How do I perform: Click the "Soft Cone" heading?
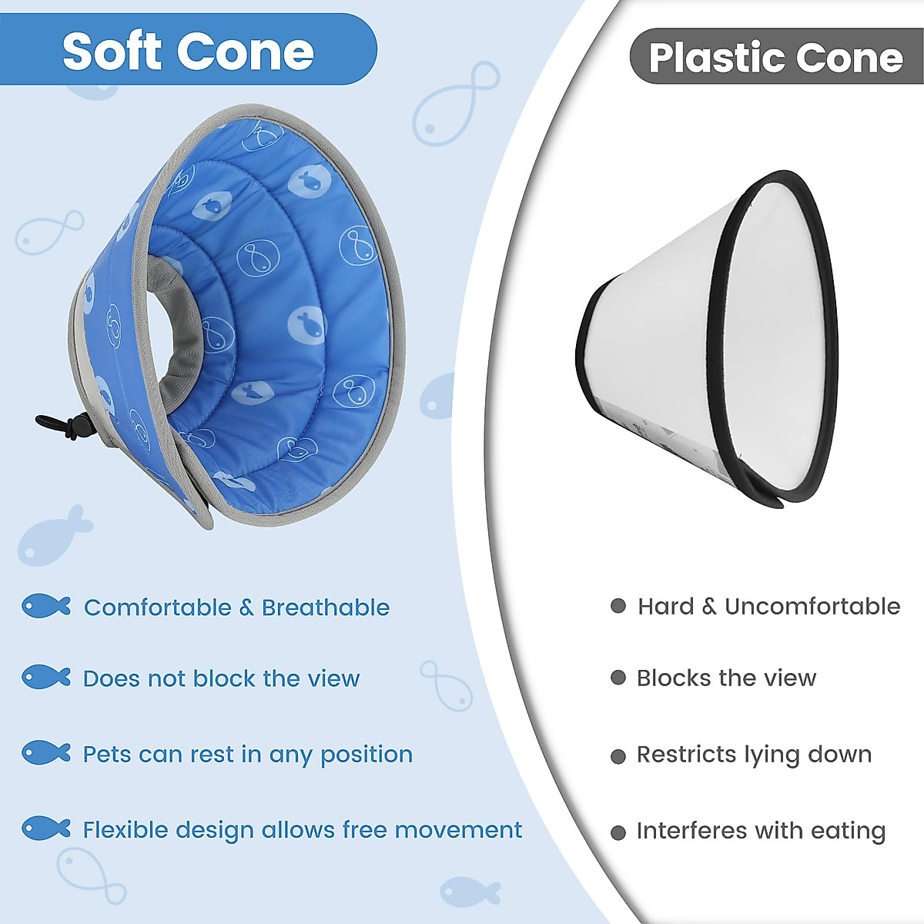click(x=188, y=52)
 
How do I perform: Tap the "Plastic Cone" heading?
click(x=775, y=58)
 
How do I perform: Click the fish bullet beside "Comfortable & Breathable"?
click(x=45, y=607)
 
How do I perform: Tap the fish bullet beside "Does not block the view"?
click(x=45, y=678)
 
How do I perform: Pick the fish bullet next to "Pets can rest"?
click(x=45, y=753)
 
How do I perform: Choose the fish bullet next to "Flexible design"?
click(x=45, y=829)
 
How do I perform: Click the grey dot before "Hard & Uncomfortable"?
click(x=618, y=606)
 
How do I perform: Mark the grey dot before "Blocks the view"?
click(x=618, y=678)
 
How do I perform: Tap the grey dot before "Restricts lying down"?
click(x=618, y=756)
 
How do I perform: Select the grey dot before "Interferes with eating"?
click(x=618, y=832)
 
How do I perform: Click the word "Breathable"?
click(x=325, y=608)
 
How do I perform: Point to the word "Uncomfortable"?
click(x=812, y=606)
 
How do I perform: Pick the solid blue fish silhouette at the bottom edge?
click(x=469, y=892)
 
